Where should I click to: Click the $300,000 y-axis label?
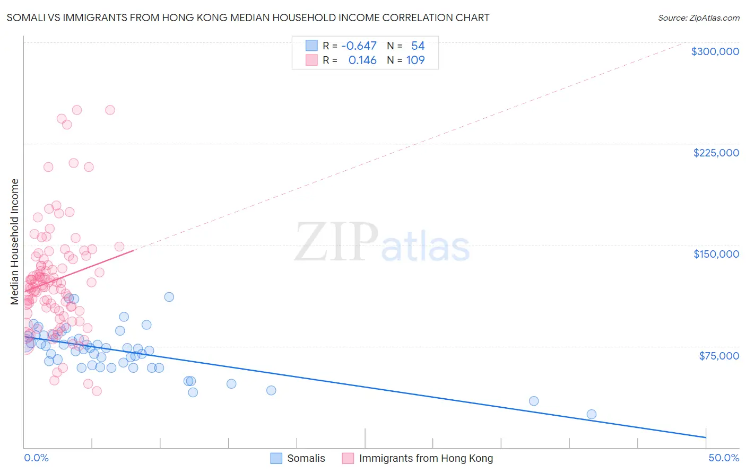[715, 51]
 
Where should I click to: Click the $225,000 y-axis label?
[716, 153]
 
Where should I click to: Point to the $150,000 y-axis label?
[716, 254]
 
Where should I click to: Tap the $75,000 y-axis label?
[718, 356]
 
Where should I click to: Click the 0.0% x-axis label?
[36, 458]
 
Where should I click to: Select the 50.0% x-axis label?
[723, 458]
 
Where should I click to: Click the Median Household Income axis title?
[15, 242]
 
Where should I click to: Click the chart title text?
[248, 17]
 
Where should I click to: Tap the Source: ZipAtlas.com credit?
[698, 17]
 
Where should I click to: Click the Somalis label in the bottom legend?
[306, 458]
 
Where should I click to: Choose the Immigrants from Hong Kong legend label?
[426, 458]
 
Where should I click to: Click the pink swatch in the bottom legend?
[348, 458]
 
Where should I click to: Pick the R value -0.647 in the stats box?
[359, 46]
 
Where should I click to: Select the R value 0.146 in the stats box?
[362, 60]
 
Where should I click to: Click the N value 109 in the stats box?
[415, 60]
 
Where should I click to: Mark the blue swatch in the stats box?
[311, 46]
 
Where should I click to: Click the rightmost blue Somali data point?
[591, 414]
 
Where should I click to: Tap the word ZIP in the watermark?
[336, 242]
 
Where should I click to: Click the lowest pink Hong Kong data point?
[97, 391]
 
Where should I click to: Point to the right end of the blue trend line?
[706, 437]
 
